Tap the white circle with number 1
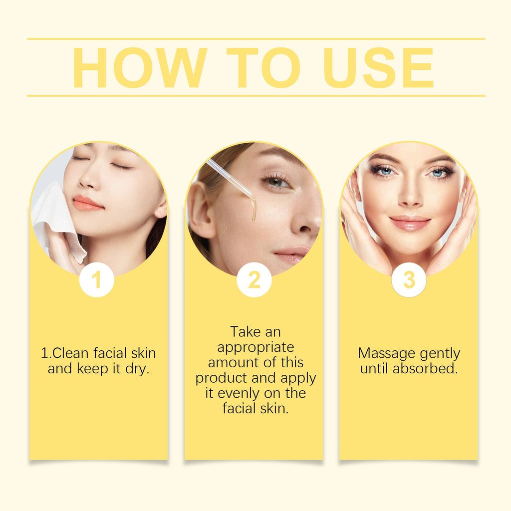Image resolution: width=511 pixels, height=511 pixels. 97,280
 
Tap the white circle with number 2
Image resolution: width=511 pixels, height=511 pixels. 254,280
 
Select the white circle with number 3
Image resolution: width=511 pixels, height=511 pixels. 409,280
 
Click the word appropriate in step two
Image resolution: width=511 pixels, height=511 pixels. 255,347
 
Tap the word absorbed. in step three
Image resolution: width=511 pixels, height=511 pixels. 425,369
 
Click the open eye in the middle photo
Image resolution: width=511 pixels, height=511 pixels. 276,181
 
